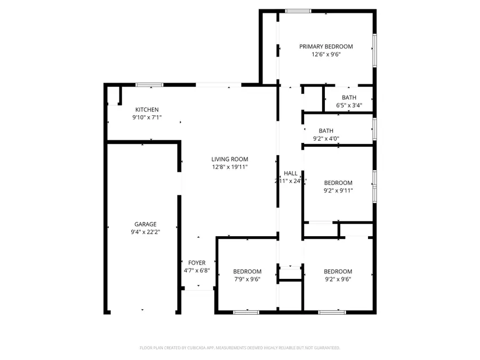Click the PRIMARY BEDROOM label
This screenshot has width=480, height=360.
[326, 46]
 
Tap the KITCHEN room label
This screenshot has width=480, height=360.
[147, 110]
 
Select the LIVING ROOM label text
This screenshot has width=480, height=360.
[229, 159]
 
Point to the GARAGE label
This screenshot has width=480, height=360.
[145, 225]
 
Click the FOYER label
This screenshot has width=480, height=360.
[197, 262]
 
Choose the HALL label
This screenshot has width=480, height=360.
[291, 173]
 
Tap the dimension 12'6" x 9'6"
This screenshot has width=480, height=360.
[326, 54]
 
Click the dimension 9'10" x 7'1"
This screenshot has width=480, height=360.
[147, 118]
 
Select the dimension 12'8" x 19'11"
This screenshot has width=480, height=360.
[229, 167]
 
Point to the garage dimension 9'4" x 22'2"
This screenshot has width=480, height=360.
[145, 232]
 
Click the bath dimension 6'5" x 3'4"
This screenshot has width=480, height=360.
[349, 105]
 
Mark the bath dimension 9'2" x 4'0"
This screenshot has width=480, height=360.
[326, 139]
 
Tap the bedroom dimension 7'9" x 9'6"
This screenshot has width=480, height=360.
[247, 279]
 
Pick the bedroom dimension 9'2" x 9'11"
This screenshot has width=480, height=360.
[338, 190]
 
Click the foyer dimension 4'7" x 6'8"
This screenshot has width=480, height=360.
[197, 270]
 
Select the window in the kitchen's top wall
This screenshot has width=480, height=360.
[149, 84]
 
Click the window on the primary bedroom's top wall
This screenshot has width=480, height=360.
[298, 11]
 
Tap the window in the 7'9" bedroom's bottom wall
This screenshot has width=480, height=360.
[246, 311]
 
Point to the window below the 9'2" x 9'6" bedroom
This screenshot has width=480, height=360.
[331, 311]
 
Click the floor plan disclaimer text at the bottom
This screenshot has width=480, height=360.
[240, 348]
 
